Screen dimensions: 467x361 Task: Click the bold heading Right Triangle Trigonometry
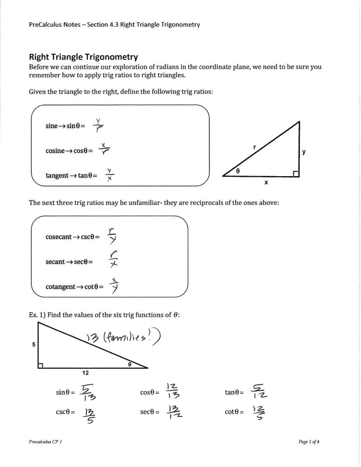point(83,57)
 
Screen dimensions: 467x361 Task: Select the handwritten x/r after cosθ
point(105,149)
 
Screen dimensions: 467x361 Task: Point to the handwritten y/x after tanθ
point(109,174)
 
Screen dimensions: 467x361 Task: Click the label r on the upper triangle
point(255,147)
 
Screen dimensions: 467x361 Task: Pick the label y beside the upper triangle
point(304,152)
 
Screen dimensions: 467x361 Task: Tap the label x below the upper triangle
point(266,183)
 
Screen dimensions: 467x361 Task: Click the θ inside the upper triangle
point(238,171)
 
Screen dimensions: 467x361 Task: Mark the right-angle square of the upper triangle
point(296,174)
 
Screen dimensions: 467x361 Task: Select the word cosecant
point(58,237)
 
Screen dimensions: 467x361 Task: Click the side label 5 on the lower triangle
point(34,344)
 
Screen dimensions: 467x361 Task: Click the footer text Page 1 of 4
point(309,442)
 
